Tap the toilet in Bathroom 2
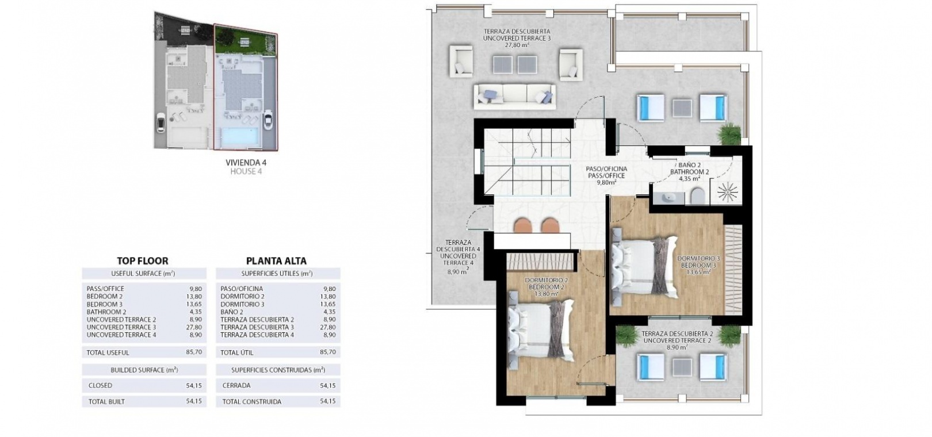tap(698, 196)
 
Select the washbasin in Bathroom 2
tap(670, 197)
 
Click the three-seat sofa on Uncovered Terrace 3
tap(514, 97)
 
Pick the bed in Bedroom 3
tap(644, 266)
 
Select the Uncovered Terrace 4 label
tap(458, 256)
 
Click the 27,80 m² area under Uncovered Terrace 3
tap(517, 45)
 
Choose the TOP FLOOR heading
tap(143, 260)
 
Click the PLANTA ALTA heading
tap(276, 260)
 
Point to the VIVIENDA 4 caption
tap(246, 162)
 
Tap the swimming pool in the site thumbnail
tap(239, 137)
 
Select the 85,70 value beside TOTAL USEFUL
tap(194, 352)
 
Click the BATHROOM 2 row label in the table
tap(106, 312)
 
